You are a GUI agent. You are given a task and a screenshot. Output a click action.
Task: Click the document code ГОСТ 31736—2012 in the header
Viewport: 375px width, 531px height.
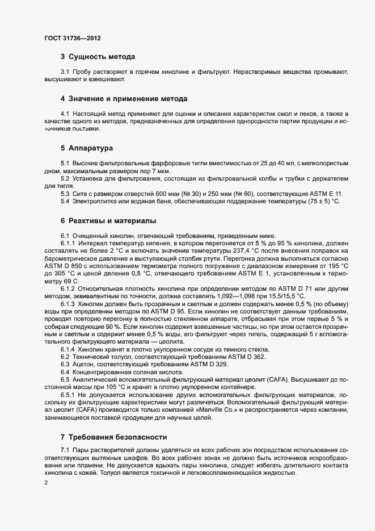[x=73, y=38]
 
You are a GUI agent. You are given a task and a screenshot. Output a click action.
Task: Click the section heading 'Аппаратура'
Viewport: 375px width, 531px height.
[x=91, y=148]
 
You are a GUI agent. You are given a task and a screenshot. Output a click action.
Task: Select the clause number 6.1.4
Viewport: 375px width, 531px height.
[x=70, y=349]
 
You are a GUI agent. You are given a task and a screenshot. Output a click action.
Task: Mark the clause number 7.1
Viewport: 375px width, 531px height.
[x=65, y=450]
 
